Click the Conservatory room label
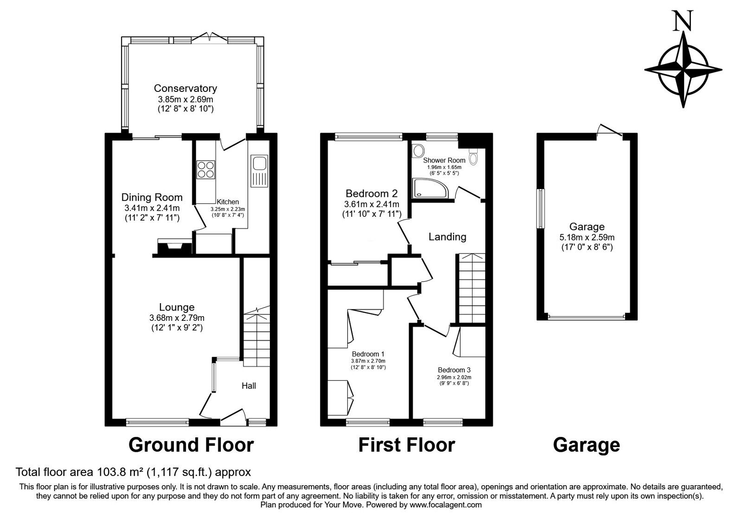[185, 88]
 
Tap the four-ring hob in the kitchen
[206, 170]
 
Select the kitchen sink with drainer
[259, 171]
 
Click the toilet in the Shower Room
[473, 156]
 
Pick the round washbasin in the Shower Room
[418, 151]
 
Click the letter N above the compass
[683, 20]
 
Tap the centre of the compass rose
[683, 70]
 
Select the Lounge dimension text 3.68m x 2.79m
[177, 318]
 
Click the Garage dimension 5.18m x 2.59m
[587, 237]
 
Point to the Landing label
[448, 237]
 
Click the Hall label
[249, 386]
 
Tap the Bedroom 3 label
[454, 370]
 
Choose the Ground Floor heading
[191, 445]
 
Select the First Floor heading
[407, 445]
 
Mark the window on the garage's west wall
[540, 208]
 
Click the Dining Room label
[152, 197]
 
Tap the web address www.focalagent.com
[446, 505]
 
